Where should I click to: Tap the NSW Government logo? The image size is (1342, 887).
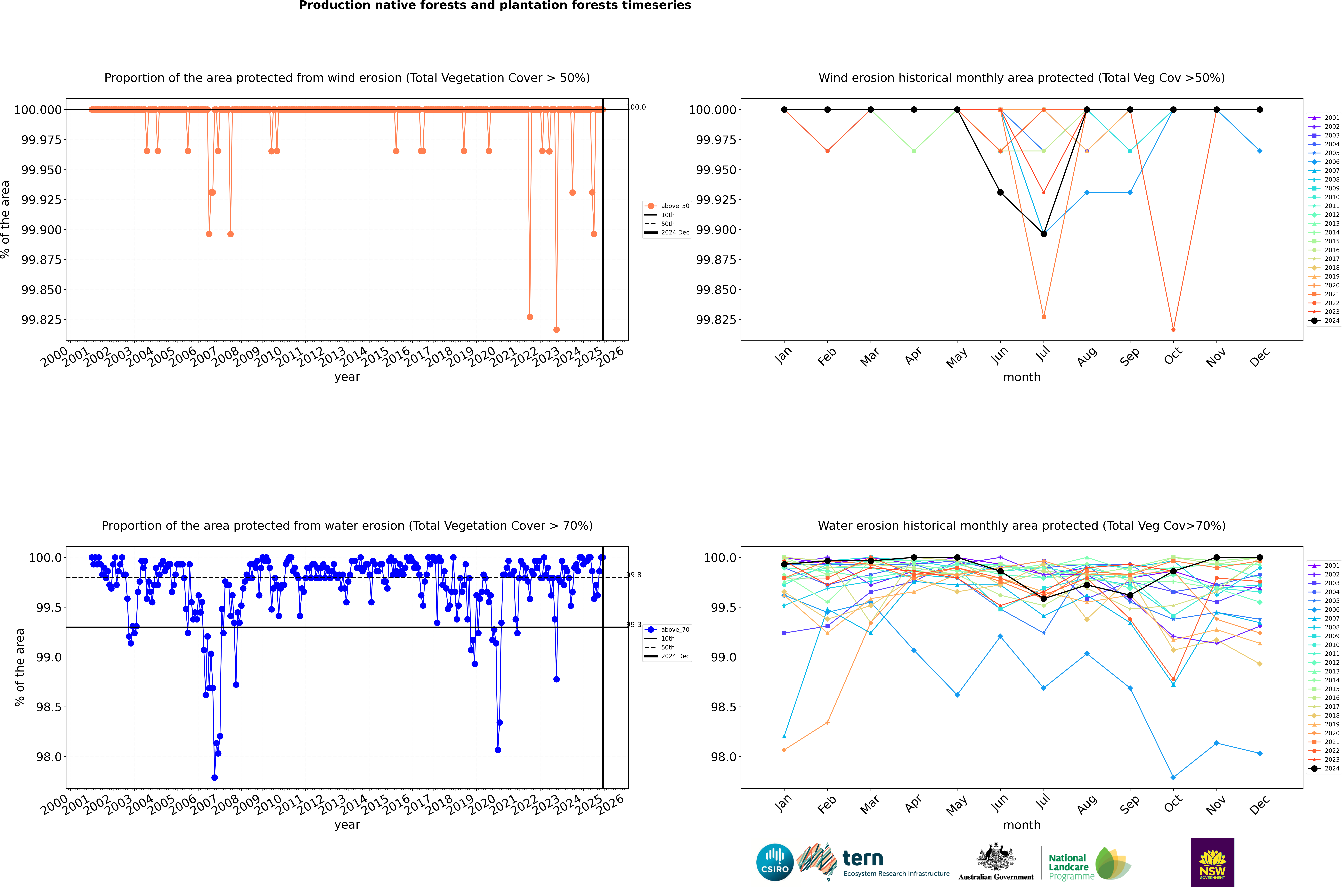pos(1213,862)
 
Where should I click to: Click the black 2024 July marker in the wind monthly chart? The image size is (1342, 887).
pos(1043,234)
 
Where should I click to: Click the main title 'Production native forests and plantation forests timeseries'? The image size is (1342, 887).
pos(495,6)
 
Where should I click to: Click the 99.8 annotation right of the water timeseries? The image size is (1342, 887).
pos(634,575)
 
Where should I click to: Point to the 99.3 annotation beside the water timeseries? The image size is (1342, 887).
pos(634,624)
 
